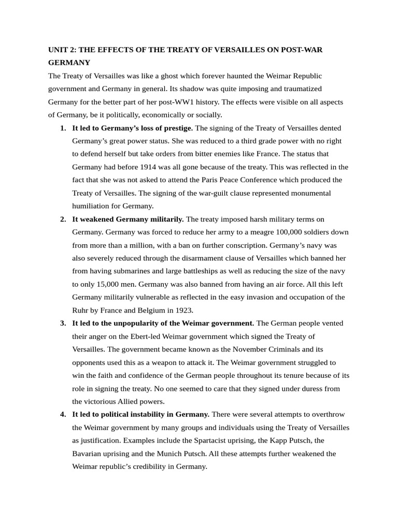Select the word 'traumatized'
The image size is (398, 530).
(x=302, y=89)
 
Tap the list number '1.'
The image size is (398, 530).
(x=63, y=128)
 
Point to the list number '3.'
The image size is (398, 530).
(x=63, y=323)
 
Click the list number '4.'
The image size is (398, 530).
(x=63, y=415)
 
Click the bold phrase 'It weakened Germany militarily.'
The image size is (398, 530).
(x=128, y=219)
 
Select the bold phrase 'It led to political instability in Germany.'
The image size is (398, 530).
(x=141, y=415)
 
